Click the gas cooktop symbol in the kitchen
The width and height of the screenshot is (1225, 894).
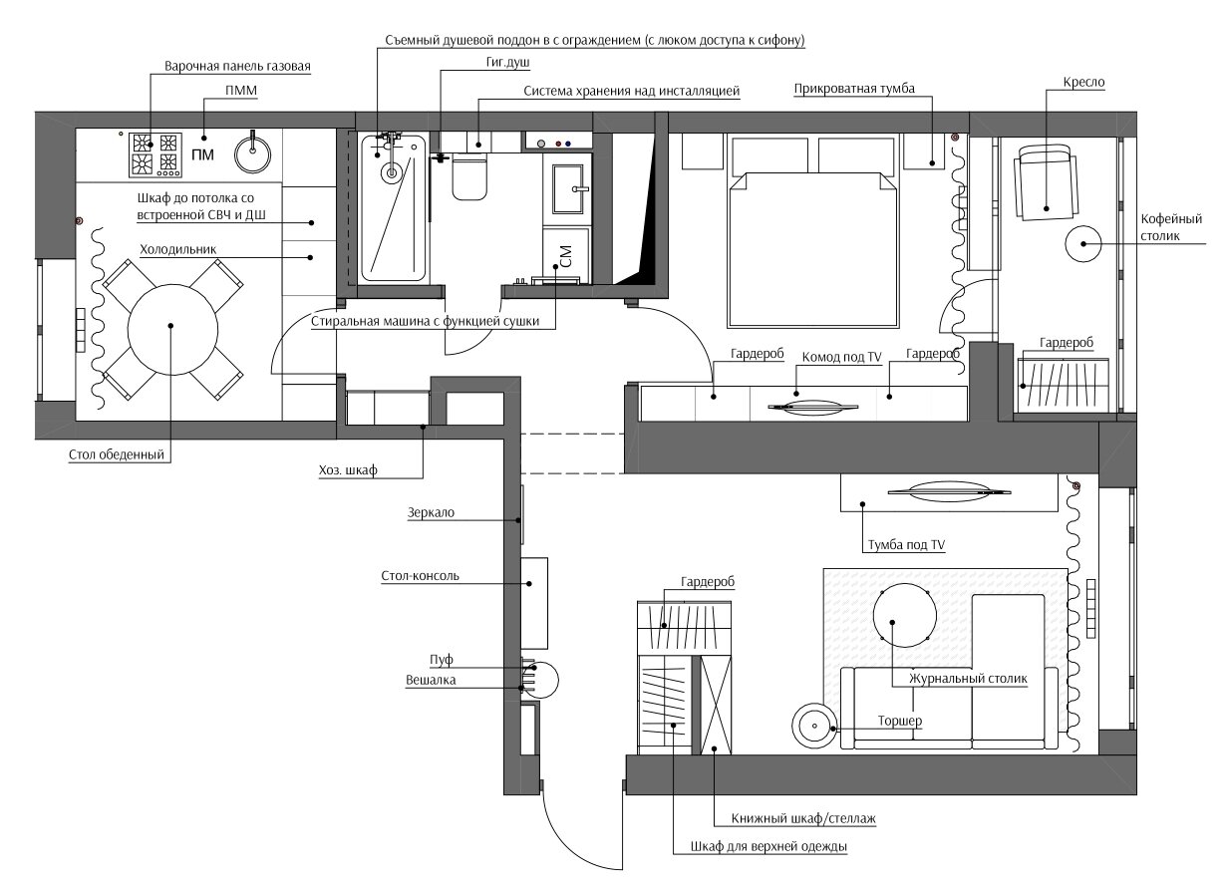155,154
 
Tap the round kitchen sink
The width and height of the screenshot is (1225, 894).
252,153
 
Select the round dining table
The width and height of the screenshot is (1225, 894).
172,330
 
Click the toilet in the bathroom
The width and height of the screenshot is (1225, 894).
469,176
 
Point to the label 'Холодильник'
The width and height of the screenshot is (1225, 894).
178,250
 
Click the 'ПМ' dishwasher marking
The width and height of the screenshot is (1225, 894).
202,154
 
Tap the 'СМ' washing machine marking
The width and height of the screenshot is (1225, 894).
566,256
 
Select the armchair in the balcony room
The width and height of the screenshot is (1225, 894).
1045,182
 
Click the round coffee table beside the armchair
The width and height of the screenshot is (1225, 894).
1083,244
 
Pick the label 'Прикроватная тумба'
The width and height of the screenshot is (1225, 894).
854,89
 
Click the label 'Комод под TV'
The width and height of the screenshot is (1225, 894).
841,357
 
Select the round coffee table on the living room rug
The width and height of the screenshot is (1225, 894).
905,616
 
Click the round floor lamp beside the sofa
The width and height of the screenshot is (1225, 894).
814,727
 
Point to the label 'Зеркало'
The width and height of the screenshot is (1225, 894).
431,513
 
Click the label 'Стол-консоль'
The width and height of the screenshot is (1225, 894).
420,576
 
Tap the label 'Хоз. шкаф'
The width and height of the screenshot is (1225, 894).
348,470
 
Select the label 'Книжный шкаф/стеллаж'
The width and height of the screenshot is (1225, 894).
803,818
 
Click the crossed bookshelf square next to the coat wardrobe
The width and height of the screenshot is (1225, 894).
716,705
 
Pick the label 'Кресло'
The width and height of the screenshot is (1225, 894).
1083,83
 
